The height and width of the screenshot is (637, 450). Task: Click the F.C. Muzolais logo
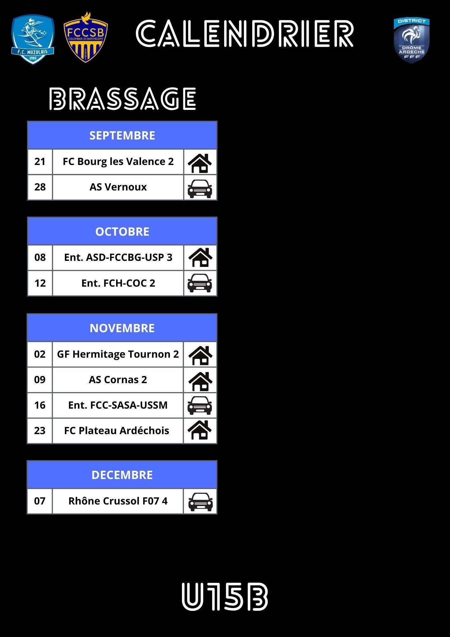(33, 39)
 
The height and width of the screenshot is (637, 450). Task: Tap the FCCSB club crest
(85, 38)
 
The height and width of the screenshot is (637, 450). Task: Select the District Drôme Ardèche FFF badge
(411, 40)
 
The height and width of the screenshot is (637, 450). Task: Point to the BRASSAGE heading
(123, 99)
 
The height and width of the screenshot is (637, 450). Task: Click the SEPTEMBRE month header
(122, 135)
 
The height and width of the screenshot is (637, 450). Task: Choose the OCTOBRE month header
(122, 232)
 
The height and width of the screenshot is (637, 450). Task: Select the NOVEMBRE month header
(122, 328)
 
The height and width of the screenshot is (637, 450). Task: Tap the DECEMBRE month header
(122, 475)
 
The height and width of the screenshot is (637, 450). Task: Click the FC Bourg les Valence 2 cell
(118, 161)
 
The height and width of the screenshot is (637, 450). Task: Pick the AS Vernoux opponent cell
(118, 187)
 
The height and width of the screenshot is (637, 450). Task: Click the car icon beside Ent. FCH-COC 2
(200, 283)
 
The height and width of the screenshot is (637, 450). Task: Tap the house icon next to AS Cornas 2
(200, 380)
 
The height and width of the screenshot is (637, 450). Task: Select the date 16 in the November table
(40, 405)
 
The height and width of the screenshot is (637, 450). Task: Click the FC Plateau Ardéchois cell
(117, 431)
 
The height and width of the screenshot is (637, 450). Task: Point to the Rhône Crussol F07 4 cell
(118, 501)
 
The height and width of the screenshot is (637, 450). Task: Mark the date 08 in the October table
(40, 257)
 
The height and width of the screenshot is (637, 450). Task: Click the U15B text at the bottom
(225, 597)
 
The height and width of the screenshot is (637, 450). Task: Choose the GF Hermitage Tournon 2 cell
(118, 354)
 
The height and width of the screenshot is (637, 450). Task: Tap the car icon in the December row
(200, 502)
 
